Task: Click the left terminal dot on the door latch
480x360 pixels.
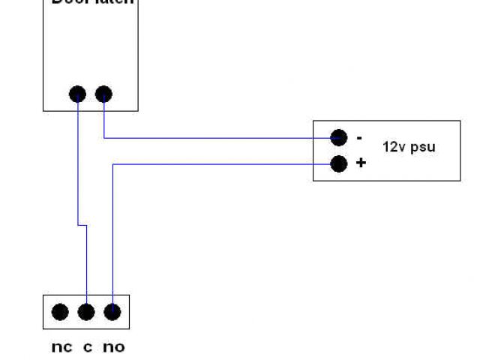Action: [x=77, y=94]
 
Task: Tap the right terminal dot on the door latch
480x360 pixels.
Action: [x=103, y=94]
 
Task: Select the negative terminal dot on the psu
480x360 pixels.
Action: [x=339, y=137]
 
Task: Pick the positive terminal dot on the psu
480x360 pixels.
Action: [x=339, y=163]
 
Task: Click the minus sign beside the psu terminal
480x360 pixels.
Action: [x=360, y=138]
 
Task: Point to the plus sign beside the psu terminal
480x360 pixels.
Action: [x=361, y=163]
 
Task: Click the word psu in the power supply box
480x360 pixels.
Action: [x=422, y=148]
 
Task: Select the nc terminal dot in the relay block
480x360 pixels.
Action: [x=60, y=312]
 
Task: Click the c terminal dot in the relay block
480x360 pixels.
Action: [x=86, y=312]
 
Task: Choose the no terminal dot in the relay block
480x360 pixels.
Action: [x=112, y=312]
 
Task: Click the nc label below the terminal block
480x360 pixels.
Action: [x=61, y=347]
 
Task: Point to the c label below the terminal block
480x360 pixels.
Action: [x=88, y=347]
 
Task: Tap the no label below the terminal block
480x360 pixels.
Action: [x=113, y=347]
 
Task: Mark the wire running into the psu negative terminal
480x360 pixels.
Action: [x=225, y=138]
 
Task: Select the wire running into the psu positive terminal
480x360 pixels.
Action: [x=225, y=163]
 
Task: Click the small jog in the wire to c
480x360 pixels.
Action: [x=82, y=224]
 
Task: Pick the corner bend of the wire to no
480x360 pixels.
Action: [x=112, y=164]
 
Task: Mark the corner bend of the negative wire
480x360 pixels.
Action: [x=103, y=138]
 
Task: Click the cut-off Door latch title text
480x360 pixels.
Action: [x=92, y=2]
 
